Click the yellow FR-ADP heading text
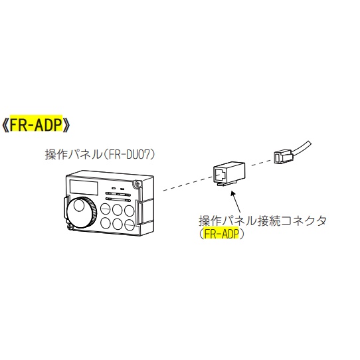coord(36,124)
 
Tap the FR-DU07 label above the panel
coord(131,154)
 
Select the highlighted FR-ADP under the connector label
coord(221,234)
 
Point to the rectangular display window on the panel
coord(84,187)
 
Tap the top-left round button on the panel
coord(106,209)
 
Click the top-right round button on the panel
coord(130,211)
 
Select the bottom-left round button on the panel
coord(106,223)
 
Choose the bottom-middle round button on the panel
coord(118,224)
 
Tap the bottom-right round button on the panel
coord(130,225)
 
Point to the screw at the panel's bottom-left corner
coord(70,227)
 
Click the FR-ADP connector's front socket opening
coord(220,175)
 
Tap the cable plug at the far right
coord(284,156)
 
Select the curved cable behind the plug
coord(302,149)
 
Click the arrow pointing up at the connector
coord(236,202)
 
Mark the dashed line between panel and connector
coord(188,183)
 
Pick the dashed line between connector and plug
coord(262,163)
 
